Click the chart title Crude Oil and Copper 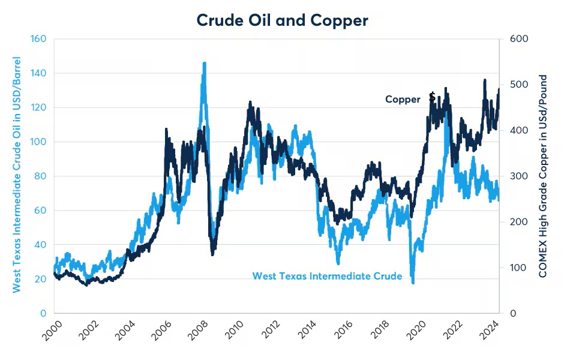tap(282, 20)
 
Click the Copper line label tap(403, 100)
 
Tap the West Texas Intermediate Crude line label tap(327, 276)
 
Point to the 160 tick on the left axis tap(40, 39)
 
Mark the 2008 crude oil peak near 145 tap(204, 63)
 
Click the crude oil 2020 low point tap(413, 281)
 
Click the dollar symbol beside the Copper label tap(432, 97)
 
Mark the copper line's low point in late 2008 tap(213, 254)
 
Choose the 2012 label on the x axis tap(271, 331)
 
